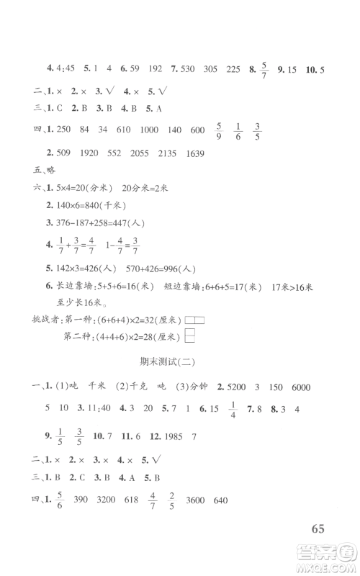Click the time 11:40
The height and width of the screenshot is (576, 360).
[99, 408]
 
